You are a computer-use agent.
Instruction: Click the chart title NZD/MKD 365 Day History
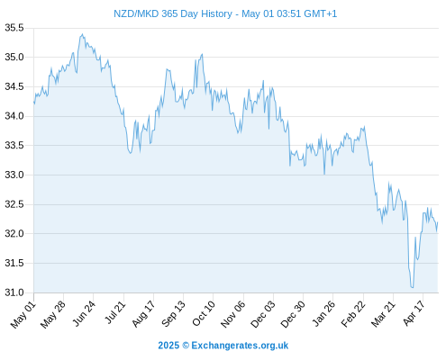pos(173,13)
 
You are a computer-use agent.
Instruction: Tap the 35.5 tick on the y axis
pos(14,28)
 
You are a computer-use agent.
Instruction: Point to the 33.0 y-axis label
pos(14,175)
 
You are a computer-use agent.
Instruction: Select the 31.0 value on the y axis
pos(14,292)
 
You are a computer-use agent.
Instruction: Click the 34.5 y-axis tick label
pos(14,87)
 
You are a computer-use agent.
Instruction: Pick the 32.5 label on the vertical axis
pos(14,204)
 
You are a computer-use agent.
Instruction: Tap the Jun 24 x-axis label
pos(84,313)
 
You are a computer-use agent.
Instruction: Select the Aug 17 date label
pos(143,313)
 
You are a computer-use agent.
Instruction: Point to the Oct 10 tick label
pos(204,313)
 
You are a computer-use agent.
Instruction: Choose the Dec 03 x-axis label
pos(263,314)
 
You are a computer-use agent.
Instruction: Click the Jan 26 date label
pos(323,313)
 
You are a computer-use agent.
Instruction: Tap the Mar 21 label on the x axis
pos(383,314)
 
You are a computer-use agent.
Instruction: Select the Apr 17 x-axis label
pos(414,313)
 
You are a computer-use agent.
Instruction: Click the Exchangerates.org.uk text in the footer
pos(240,346)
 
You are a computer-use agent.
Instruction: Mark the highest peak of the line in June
pos(83,34)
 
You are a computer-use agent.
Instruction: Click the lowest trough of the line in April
pos(413,287)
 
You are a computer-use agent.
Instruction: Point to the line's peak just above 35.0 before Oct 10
pos(202,54)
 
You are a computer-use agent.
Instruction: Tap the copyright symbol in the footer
pos(186,346)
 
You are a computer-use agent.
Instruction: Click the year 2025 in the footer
pos(168,346)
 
